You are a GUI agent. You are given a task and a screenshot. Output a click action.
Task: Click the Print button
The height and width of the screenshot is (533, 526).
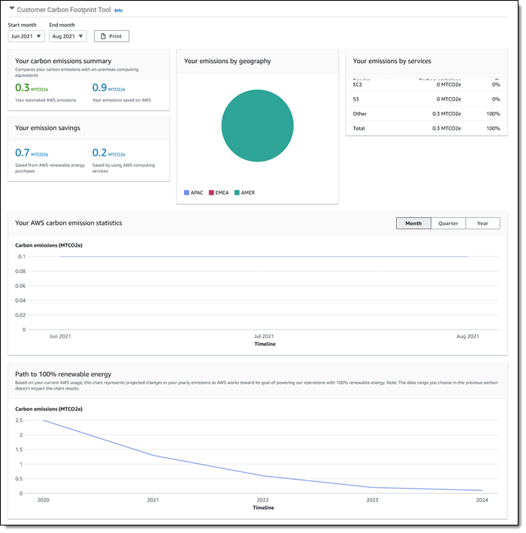click(x=111, y=36)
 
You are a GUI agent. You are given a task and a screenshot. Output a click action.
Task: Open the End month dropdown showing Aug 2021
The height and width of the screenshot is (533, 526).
click(x=68, y=36)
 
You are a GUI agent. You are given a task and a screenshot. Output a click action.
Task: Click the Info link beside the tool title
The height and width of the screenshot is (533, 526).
click(x=118, y=11)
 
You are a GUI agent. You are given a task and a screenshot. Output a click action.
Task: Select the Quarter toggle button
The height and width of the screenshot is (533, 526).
click(x=448, y=223)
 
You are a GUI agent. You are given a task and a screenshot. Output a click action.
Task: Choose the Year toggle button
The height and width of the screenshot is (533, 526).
click(x=482, y=223)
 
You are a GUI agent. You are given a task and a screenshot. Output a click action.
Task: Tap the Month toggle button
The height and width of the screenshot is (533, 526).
click(x=413, y=223)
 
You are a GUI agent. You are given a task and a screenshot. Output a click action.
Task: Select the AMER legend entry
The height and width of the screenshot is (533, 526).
click(x=244, y=192)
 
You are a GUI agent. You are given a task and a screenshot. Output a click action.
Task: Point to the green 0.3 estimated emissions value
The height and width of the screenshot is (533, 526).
click(x=23, y=88)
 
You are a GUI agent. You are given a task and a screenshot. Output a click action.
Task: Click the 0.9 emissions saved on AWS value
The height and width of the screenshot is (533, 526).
click(x=99, y=88)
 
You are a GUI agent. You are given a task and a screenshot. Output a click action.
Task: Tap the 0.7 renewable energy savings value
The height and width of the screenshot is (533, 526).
click(x=23, y=153)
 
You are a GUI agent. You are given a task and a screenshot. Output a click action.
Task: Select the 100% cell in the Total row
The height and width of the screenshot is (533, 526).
click(x=493, y=129)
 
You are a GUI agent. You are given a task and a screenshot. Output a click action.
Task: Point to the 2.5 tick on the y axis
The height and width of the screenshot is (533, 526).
click(x=20, y=420)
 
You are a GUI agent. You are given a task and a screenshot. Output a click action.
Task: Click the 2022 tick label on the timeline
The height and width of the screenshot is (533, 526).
click(x=263, y=500)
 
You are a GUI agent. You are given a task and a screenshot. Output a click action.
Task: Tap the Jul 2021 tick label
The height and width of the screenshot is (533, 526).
click(x=264, y=337)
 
